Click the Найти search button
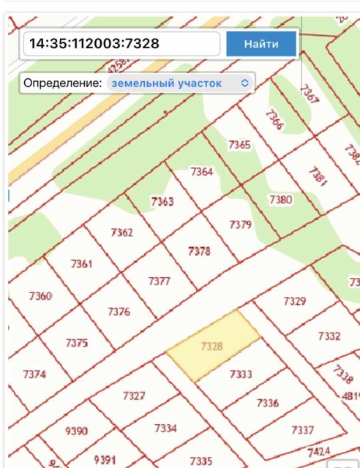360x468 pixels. tap(261, 44)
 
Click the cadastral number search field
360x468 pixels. tap(121, 44)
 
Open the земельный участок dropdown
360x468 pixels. tap(179, 83)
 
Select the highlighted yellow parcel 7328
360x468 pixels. tap(211, 345)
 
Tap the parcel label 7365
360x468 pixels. tap(239, 145)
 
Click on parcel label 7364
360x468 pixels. tap(201, 172)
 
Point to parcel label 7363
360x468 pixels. tap(162, 201)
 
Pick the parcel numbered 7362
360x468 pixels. tap(121, 233)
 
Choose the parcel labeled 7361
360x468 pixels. tap(81, 263)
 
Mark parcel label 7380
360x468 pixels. tap(280, 199)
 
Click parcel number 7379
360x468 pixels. tap(240, 224)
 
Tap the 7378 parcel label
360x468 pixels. tap(199, 251)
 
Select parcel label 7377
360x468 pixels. tap(159, 281)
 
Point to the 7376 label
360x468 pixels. tap(119, 312)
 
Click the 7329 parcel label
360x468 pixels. tap(294, 301)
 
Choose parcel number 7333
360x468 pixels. tap(240, 374)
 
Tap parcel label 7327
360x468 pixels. tap(134, 396)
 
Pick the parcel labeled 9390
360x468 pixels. tap(76, 431)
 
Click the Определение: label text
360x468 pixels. tap(62, 83)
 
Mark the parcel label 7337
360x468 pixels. tap(302, 429)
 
